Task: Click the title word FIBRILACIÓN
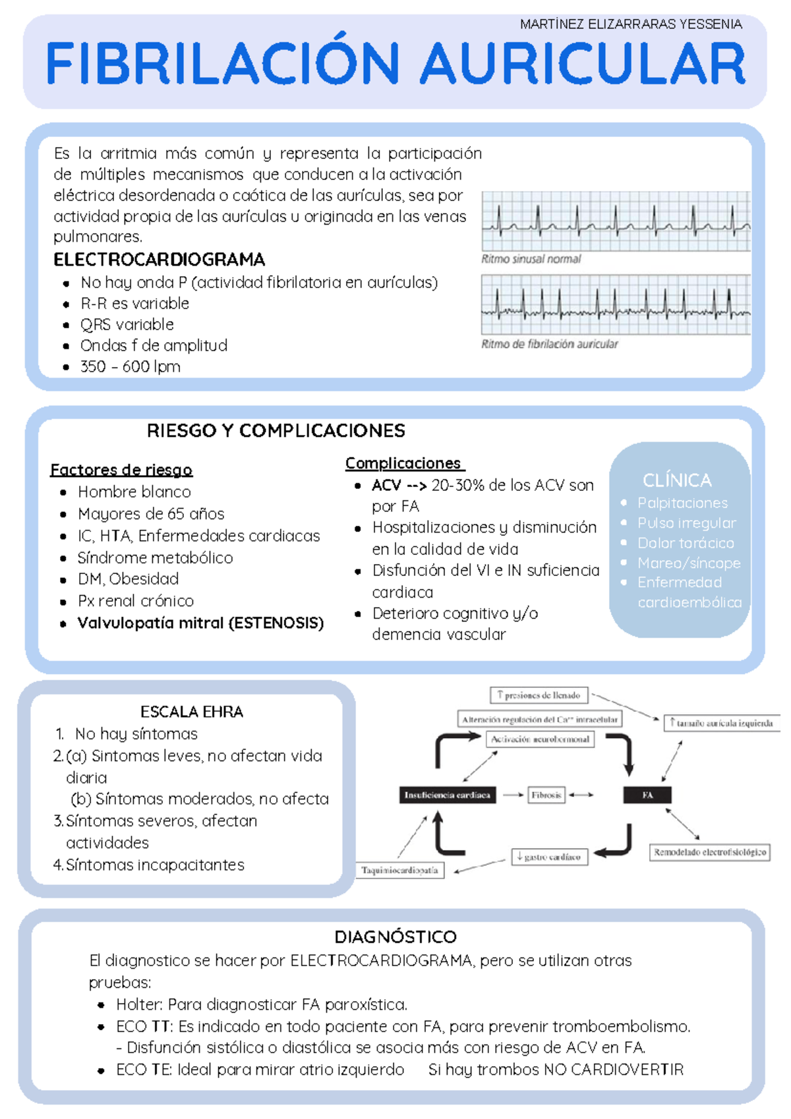click(223, 64)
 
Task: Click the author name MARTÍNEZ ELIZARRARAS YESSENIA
click(631, 24)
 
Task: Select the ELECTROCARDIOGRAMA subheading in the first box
click(159, 260)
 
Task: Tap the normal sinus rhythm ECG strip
click(616, 221)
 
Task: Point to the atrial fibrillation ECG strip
click(616, 304)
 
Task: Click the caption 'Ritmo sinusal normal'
click(531, 259)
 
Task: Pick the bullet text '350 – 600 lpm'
click(131, 366)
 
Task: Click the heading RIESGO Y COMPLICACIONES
click(276, 431)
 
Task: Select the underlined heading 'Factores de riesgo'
click(121, 470)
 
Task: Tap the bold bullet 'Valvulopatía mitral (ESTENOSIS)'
click(200, 623)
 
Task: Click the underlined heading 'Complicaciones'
click(403, 463)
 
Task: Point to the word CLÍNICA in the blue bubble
click(677, 480)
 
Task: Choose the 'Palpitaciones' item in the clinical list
click(682, 503)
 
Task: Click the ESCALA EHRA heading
click(192, 712)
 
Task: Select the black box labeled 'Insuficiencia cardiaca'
click(448, 795)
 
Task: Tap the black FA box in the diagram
click(647, 795)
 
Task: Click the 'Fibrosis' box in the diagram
click(546, 795)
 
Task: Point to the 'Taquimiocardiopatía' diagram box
click(400, 870)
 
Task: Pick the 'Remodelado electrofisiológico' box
click(710, 852)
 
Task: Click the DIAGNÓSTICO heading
click(395, 937)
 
